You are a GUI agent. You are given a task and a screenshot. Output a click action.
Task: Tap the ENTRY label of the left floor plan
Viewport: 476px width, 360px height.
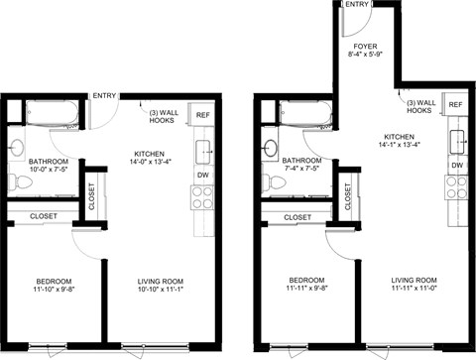pyautogui.click(x=103, y=96)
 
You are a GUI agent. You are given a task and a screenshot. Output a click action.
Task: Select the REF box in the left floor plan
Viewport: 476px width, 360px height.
pyautogui.click(x=201, y=115)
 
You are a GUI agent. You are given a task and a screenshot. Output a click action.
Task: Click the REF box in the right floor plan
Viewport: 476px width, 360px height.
pyautogui.click(x=455, y=104)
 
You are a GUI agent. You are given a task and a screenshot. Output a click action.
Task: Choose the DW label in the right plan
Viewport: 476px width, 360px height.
pyautogui.click(x=457, y=164)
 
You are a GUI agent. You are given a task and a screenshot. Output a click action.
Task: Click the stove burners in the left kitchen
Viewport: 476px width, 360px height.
pyautogui.click(x=202, y=196)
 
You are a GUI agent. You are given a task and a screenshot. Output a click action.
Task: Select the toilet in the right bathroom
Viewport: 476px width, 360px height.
pyautogui.click(x=270, y=180)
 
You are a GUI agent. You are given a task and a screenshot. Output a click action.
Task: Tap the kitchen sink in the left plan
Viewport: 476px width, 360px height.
pyautogui.click(x=202, y=151)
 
